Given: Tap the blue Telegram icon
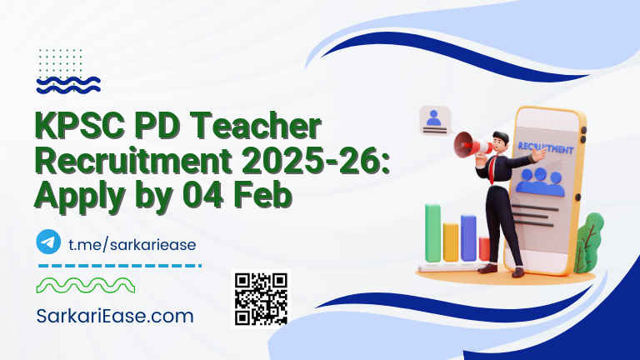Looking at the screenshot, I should [49, 242].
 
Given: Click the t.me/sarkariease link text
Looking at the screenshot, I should [132, 243].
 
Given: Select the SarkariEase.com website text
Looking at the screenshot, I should [115, 316].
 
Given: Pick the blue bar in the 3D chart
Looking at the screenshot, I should [468, 237].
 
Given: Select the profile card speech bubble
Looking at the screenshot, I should [434, 121].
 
